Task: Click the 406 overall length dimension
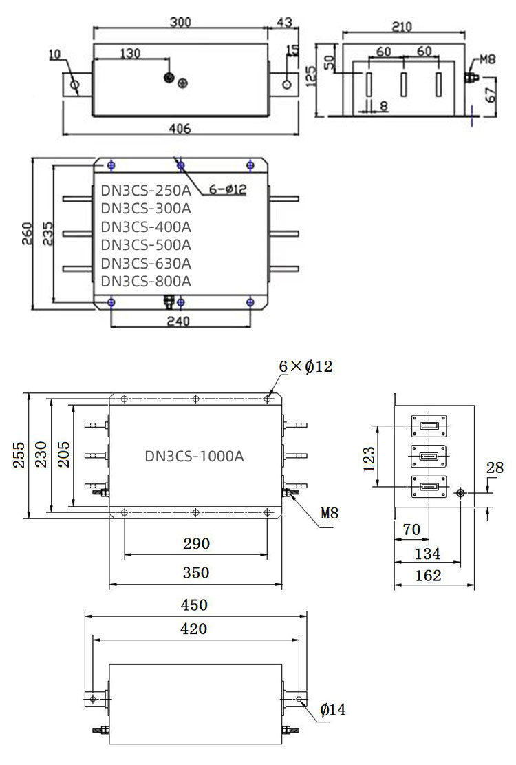180,129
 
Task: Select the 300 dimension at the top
180,22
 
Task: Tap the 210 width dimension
401,27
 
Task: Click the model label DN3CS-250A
146,190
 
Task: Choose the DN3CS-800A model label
146,281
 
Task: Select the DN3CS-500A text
146,245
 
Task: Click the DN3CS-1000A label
195,456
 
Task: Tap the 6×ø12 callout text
305,367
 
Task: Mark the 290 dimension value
196,544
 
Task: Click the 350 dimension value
196,573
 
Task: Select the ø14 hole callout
333,709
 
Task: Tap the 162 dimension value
429,576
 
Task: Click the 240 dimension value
179,320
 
